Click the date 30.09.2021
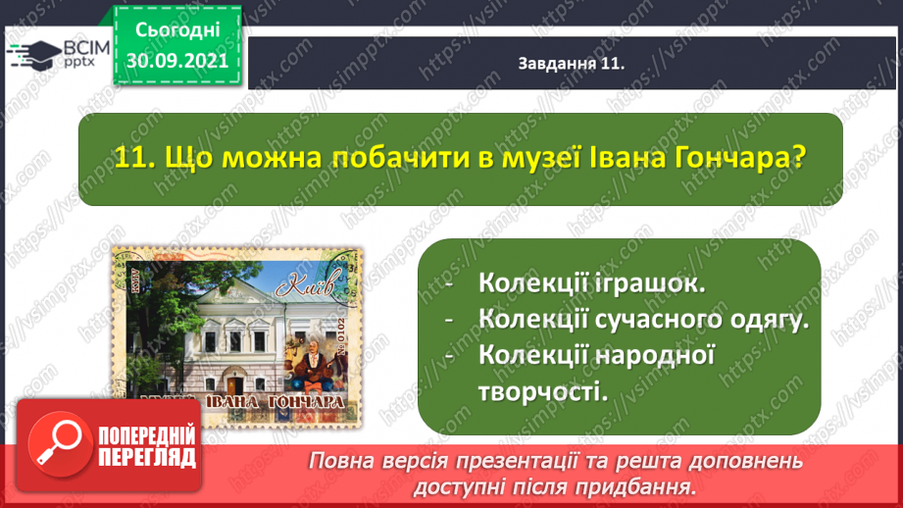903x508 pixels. click(x=176, y=61)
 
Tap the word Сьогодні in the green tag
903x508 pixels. click(x=176, y=30)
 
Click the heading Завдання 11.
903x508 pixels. click(x=572, y=64)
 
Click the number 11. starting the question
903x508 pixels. click(x=134, y=158)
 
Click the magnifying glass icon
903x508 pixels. click(x=60, y=444)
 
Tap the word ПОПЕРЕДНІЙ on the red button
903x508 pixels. click(x=147, y=436)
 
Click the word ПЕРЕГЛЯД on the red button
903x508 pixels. click(x=147, y=458)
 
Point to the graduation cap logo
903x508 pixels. click(x=34, y=55)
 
